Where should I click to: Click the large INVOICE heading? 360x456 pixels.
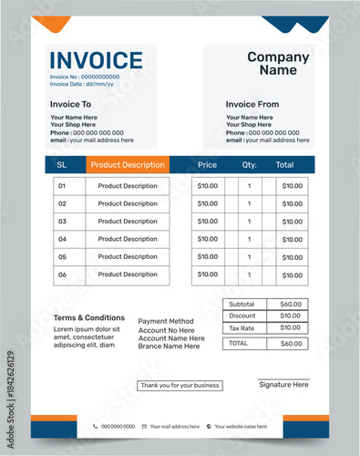click(96, 60)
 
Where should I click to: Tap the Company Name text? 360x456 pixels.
click(278, 63)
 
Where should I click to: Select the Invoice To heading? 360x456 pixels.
click(70, 105)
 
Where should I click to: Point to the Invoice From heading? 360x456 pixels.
click(252, 105)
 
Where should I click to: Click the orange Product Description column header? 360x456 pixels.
click(128, 165)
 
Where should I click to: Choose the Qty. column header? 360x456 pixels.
click(250, 165)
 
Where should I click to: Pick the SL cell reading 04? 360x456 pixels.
click(63, 239)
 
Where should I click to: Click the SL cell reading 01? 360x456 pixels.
click(63, 186)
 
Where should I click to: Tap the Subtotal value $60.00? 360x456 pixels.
click(290, 304)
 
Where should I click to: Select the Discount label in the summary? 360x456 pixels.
click(242, 316)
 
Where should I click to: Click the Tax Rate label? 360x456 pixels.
click(242, 327)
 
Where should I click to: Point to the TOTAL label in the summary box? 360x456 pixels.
click(238, 344)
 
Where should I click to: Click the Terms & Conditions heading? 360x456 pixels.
click(89, 318)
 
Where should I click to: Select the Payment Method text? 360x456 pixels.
click(166, 321)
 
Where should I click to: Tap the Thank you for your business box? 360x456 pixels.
click(180, 386)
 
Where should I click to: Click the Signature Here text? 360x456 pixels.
click(283, 385)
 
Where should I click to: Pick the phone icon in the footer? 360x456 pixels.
click(95, 426)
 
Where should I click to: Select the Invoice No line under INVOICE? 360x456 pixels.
click(85, 77)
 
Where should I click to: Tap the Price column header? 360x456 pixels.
click(207, 165)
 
